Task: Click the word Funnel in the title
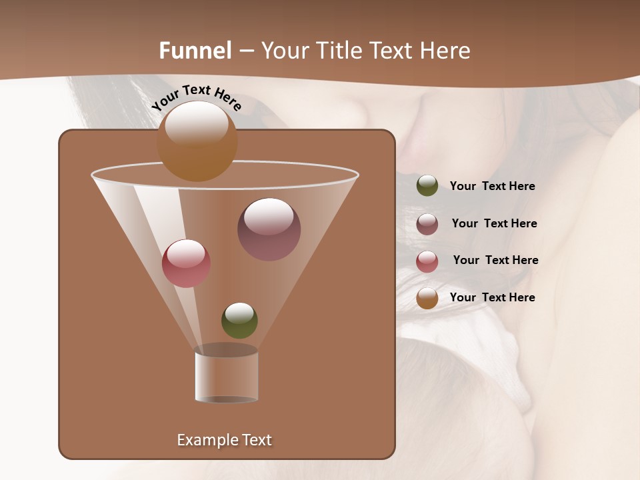point(195,51)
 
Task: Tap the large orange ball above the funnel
point(197,141)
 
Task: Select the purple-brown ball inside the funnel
point(269,229)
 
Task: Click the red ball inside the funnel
point(186,263)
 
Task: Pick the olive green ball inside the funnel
point(239,321)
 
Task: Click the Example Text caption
point(225,440)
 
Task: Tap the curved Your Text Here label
point(196,97)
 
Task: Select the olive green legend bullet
point(427,186)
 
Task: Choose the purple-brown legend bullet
point(427,224)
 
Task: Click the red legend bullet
point(427,261)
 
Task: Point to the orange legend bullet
point(427,298)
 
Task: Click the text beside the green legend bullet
point(493,187)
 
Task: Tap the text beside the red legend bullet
point(496,261)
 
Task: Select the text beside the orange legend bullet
point(493,297)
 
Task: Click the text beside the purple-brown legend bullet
point(495,224)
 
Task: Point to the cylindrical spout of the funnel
point(227,377)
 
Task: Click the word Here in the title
point(445,51)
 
